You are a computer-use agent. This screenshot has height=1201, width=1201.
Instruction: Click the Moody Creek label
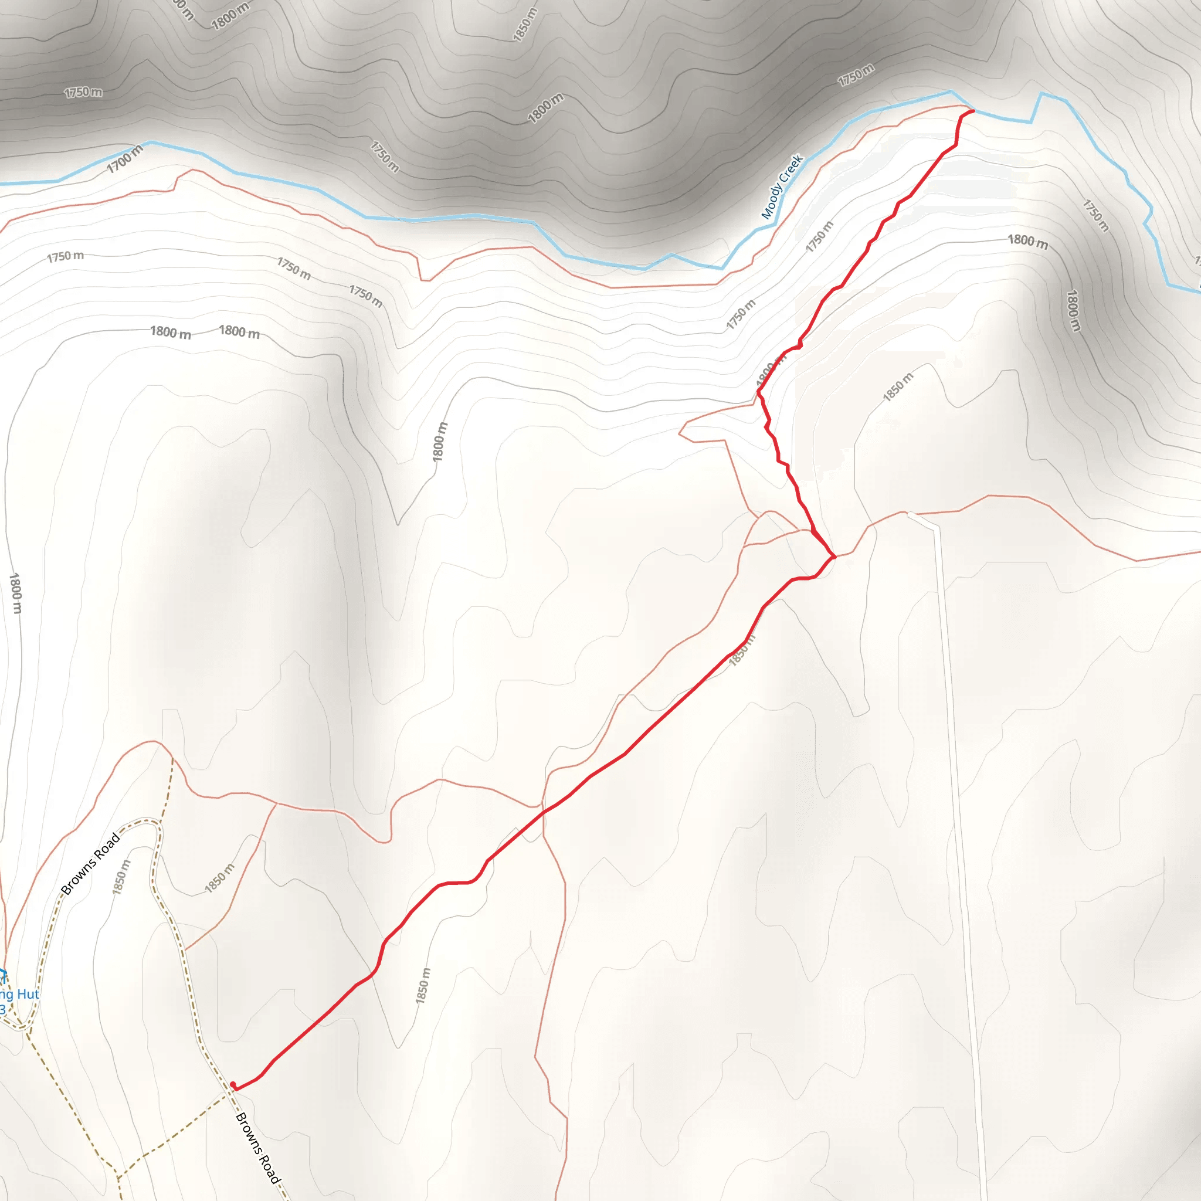coord(783,186)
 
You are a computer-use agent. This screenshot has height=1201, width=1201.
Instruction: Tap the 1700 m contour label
coord(124,159)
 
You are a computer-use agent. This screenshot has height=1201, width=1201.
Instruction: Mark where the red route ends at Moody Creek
coord(973,111)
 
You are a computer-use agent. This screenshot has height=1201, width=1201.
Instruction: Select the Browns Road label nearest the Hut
coord(91,863)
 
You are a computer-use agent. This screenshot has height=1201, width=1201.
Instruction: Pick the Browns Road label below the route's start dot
coord(258,1149)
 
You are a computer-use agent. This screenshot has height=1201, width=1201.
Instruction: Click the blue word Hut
coord(28,994)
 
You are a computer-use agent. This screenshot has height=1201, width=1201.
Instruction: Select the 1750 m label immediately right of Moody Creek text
coord(819,237)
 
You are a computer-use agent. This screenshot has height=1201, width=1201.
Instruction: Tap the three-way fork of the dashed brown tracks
coord(118,1176)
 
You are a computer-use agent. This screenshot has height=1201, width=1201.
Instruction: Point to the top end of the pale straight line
coord(910,514)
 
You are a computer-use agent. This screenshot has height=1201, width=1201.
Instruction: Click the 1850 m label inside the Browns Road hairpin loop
coord(122,877)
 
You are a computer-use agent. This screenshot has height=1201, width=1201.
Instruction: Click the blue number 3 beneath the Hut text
coord(2,1010)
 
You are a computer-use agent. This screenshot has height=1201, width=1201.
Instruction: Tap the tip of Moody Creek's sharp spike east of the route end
coord(1042,93)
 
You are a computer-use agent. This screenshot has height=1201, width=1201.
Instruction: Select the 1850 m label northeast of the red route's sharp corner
coord(898,387)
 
